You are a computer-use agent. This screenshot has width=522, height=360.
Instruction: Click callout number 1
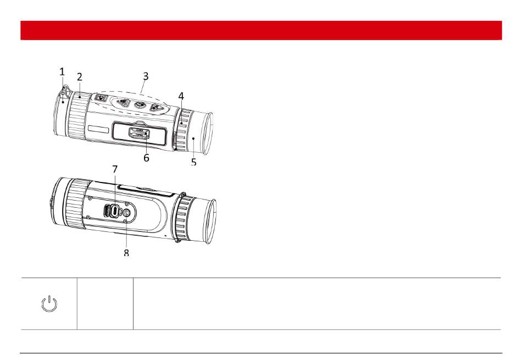coord(62,71)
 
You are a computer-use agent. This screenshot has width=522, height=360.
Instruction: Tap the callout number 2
coord(79,77)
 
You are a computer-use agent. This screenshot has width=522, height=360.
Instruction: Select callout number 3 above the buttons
coord(146,76)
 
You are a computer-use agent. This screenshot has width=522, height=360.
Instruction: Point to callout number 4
coord(181,96)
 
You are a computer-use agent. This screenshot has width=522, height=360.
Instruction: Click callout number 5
coord(194,162)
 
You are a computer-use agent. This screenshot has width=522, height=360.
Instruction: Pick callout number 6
coord(146,158)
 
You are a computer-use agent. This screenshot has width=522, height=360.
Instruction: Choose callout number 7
coord(115,169)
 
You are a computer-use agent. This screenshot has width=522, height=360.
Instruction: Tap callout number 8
coord(126,253)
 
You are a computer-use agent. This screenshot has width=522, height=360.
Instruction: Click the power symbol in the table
coord(49,304)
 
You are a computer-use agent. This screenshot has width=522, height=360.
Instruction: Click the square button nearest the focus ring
coord(100,98)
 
